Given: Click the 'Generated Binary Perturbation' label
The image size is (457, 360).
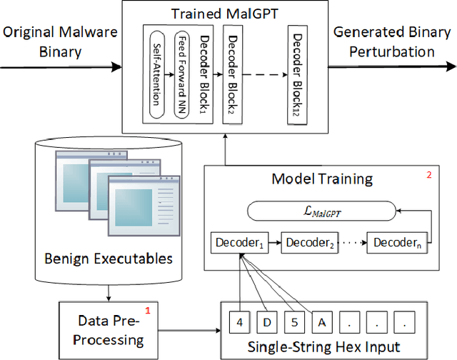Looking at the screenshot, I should [393, 41].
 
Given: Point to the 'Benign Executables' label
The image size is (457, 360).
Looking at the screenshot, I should [106, 257].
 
